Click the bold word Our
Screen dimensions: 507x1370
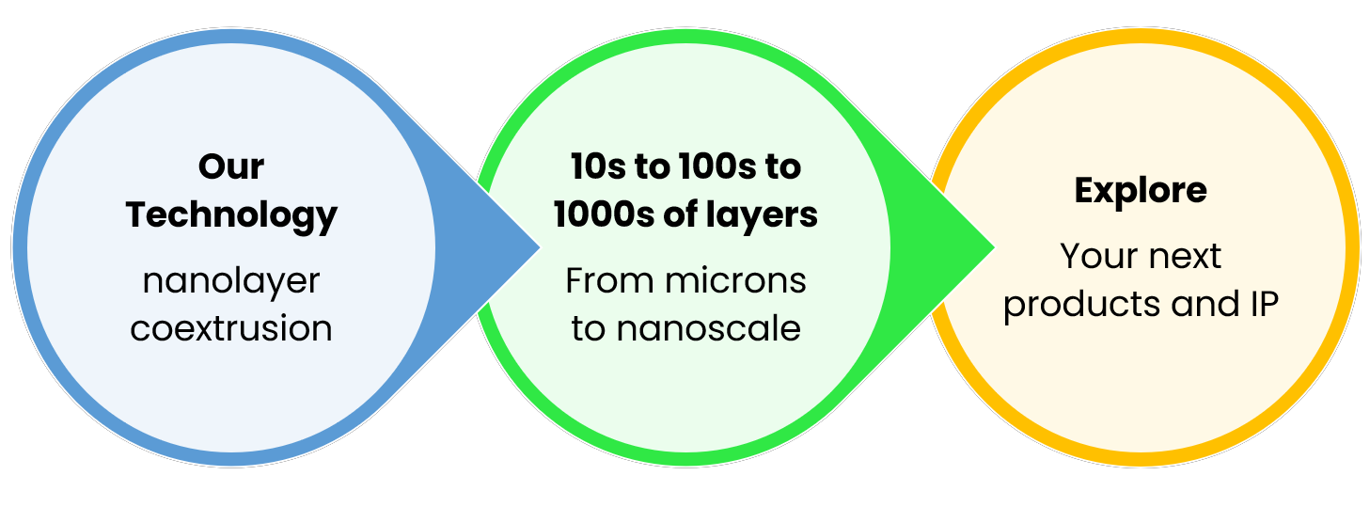coord(231,167)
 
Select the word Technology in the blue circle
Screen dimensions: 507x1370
coord(231,215)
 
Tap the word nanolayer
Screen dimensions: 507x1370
coord(231,280)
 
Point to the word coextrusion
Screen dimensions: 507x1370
coord(231,329)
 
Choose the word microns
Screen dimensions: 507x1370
coord(737,280)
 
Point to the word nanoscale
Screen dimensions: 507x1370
coord(708,329)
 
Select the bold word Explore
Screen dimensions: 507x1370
coord(1141,191)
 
